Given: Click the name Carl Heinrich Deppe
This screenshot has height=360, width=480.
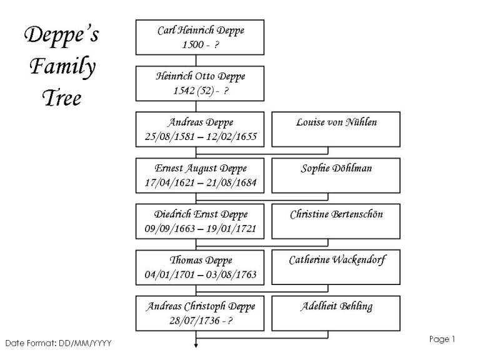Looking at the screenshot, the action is click(x=201, y=31).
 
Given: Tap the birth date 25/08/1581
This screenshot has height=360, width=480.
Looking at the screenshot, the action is click(x=170, y=136).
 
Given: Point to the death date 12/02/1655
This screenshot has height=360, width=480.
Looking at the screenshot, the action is click(x=231, y=136).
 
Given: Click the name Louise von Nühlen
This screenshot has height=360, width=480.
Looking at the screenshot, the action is click(x=336, y=122).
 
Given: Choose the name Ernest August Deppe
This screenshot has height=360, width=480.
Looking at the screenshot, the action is click(x=201, y=169).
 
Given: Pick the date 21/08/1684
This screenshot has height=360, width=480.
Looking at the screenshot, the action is click(x=231, y=182).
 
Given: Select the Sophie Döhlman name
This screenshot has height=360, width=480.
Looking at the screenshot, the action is click(x=336, y=168).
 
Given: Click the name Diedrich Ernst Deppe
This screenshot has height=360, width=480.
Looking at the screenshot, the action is click(x=201, y=214).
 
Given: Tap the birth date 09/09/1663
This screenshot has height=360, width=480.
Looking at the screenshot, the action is click(x=170, y=229).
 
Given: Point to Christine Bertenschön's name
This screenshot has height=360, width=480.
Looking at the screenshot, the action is click(x=336, y=214).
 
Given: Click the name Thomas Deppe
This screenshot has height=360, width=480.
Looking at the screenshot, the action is click(x=201, y=261).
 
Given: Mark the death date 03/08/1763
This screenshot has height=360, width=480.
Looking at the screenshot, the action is click(x=231, y=274).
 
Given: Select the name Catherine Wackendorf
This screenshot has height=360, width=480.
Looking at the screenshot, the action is click(x=337, y=260).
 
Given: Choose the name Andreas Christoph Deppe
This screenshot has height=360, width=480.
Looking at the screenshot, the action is click(x=201, y=306).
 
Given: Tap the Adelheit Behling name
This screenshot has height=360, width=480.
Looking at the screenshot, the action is click(x=336, y=306).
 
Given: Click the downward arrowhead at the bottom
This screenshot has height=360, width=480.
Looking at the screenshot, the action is click(x=196, y=346).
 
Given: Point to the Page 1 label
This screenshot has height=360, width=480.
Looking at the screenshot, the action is click(x=442, y=339).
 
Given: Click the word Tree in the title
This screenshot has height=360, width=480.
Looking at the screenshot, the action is click(x=62, y=98).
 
